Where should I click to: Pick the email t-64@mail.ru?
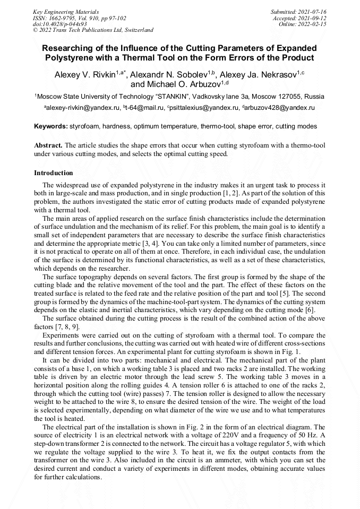point(143,108)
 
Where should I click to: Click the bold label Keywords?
point(51,127)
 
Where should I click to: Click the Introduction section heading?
point(54,173)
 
